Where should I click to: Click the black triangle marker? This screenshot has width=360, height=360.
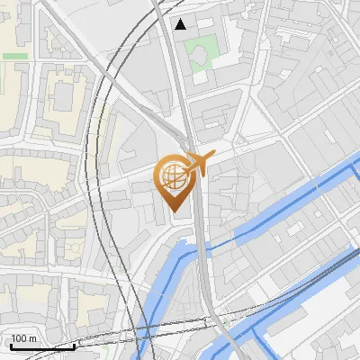pyautogui.click(x=181, y=23)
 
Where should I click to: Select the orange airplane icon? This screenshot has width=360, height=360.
pyautogui.click(x=198, y=163)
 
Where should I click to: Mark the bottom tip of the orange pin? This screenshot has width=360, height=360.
pyautogui.click(x=173, y=211)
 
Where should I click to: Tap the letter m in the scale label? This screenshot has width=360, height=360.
pyautogui.click(x=33, y=339)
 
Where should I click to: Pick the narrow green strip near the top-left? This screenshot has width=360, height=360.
pyautogui.click(x=14, y=56)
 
